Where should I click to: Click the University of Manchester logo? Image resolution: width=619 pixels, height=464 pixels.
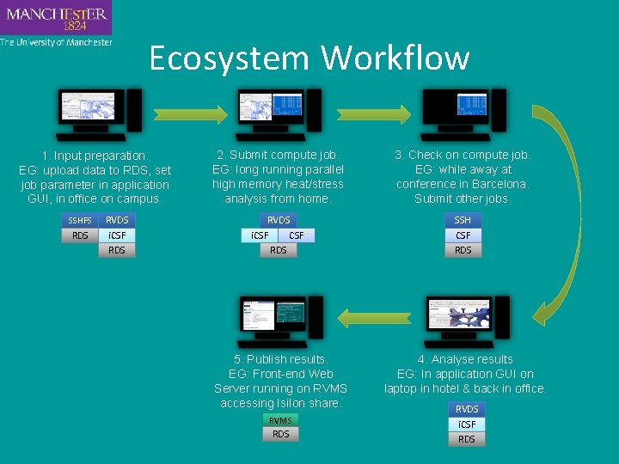(x=56, y=23)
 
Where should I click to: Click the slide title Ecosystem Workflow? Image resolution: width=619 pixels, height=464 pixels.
(x=309, y=58)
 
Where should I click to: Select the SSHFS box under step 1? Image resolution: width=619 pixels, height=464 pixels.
(x=80, y=220)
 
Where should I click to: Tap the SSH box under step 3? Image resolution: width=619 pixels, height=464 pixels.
(x=463, y=220)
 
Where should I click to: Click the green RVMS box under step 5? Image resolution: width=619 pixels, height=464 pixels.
(x=280, y=420)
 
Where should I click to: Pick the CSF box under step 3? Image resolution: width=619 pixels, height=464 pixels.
(x=463, y=235)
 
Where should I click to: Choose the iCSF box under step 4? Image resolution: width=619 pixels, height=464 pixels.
(x=466, y=424)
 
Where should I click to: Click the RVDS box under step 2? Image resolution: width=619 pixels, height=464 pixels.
(x=279, y=220)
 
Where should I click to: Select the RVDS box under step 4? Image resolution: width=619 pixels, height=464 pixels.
(x=466, y=409)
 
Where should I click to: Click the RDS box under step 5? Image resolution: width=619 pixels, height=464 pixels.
(x=280, y=434)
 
